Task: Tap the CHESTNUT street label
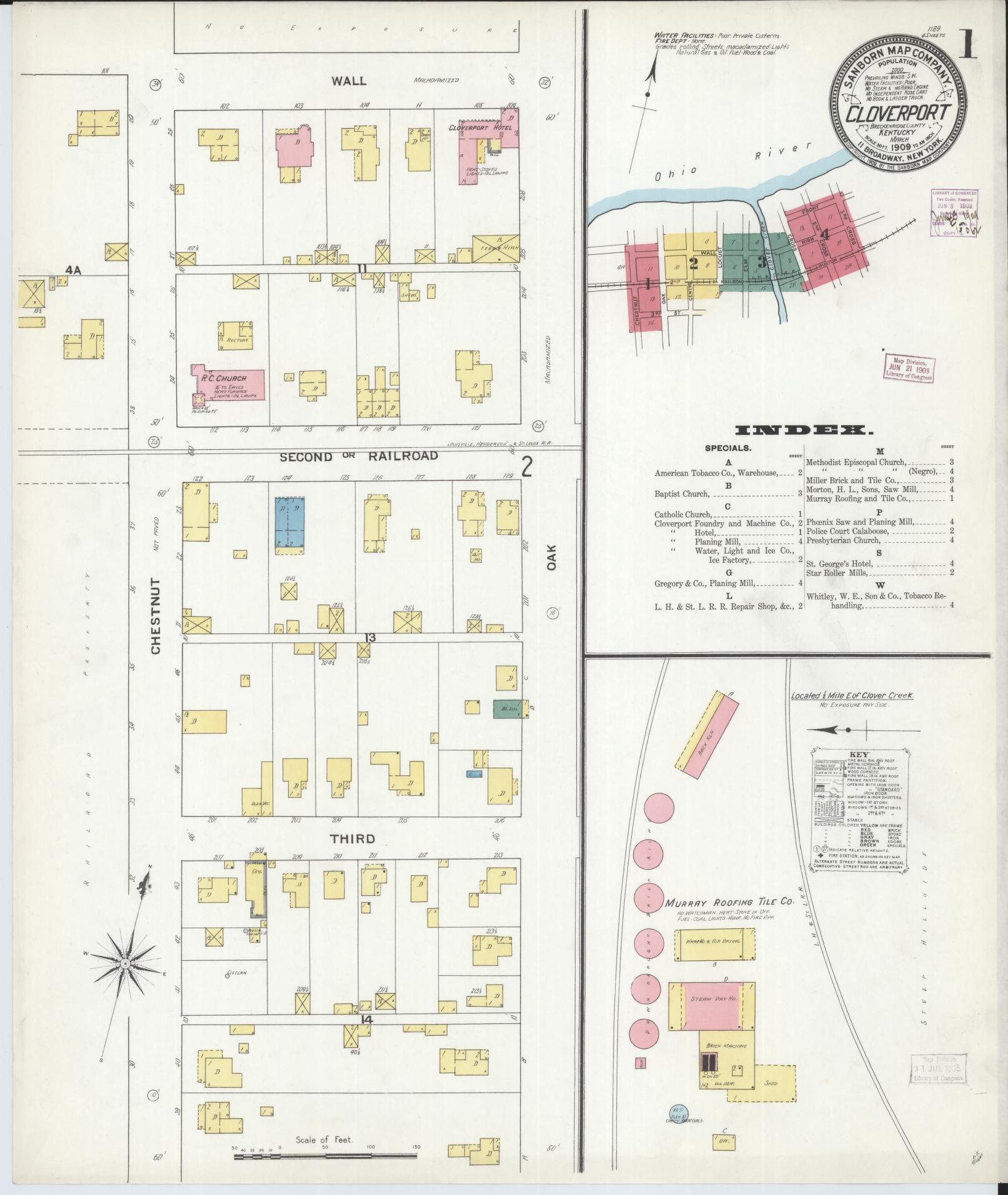coord(156,616)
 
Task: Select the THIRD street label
coord(353,839)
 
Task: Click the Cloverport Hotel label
coord(480,127)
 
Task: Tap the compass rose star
coord(126,981)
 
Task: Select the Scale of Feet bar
coord(325,1157)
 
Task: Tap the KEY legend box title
coord(859,754)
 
